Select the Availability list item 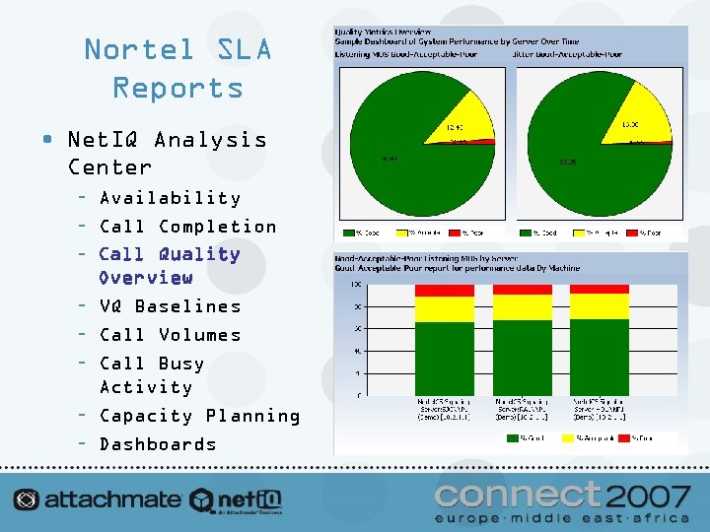tap(170, 198)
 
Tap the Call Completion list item tap(187, 227)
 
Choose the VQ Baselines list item tap(170, 306)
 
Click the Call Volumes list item tap(170, 335)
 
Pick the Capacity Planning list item tap(199, 416)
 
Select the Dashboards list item tap(158, 444)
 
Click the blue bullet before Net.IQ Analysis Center tap(48, 139)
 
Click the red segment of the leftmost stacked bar tap(444, 291)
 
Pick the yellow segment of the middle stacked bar tap(522, 307)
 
